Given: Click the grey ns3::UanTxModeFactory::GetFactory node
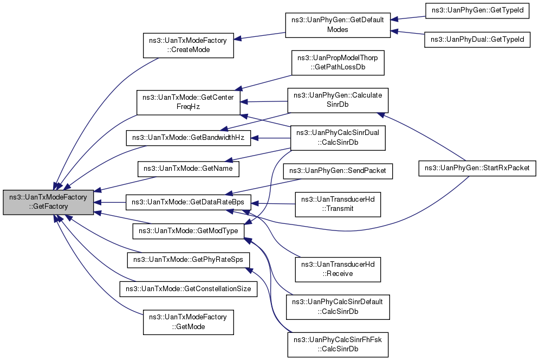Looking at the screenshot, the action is [x=48, y=202].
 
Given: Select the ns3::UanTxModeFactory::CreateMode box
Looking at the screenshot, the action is [x=189, y=45].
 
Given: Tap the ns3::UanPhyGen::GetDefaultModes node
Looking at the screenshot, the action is [x=337, y=25].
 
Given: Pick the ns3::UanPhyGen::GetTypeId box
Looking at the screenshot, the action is [x=477, y=11].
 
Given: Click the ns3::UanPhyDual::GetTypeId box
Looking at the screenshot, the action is [x=477, y=40].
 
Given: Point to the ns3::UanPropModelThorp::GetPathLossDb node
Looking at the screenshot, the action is [x=338, y=63].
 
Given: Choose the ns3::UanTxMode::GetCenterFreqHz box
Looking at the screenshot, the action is [x=188, y=102].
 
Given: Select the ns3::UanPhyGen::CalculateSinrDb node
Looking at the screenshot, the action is [x=337, y=100].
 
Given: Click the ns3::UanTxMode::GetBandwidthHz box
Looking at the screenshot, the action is [x=189, y=138].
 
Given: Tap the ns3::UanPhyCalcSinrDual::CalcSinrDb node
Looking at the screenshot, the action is [x=337, y=138].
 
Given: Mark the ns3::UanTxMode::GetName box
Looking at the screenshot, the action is [x=188, y=169].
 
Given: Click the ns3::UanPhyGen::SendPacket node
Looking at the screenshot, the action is [x=337, y=171].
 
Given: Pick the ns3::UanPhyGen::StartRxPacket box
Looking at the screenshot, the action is [x=477, y=168].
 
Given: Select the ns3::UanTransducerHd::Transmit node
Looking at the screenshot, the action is [x=338, y=204].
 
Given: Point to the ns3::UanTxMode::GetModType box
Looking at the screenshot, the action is [x=189, y=231].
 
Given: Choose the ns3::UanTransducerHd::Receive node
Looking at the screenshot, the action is [x=338, y=269].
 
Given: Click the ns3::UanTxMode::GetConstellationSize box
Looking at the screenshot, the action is [x=189, y=289].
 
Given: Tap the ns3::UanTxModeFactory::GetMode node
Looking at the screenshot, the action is [x=189, y=322].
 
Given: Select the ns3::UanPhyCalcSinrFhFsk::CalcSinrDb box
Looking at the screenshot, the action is [x=337, y=344].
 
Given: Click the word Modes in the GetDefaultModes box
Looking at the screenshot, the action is [x=337, y=30].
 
